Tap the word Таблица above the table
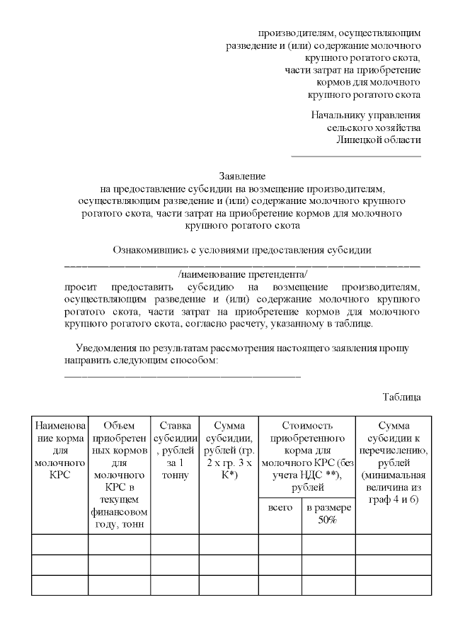coord(402,397)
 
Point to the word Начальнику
coord(339,115)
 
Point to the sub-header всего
coord(280,508)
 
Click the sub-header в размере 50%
coord(328,514)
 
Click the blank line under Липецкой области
coord(356,154)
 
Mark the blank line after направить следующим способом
coord(183,375)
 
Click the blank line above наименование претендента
coord(242,264)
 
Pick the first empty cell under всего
coord(280,544)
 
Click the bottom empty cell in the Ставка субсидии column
coord(174,585)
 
